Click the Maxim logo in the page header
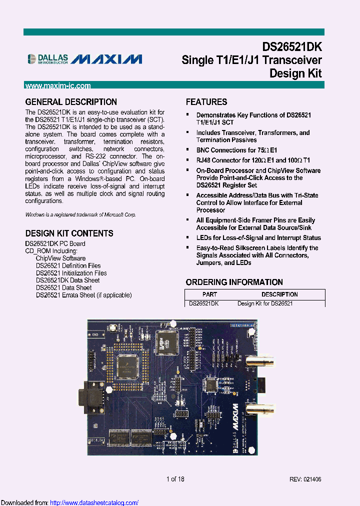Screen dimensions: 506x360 point(106,59)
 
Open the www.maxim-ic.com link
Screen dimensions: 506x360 point(58,85)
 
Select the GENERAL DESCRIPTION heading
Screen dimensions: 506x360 point(71,102)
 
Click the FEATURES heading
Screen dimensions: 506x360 point(206,102)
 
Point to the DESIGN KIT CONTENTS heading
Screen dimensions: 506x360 point(69,233)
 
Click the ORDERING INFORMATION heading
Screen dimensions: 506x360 point(234,282)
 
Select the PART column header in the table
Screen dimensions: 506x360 point(209,294)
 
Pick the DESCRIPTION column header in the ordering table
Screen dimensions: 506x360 point(279,294)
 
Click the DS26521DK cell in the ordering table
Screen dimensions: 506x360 point(203,303)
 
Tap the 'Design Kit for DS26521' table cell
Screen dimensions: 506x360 point(265,303)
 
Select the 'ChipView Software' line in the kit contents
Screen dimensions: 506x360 point(60,258)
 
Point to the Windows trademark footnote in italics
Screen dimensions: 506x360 point(80,214)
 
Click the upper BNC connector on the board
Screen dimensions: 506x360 point(258,360)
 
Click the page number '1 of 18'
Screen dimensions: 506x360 point(175,479)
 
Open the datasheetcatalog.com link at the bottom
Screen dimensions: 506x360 point(94,502)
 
